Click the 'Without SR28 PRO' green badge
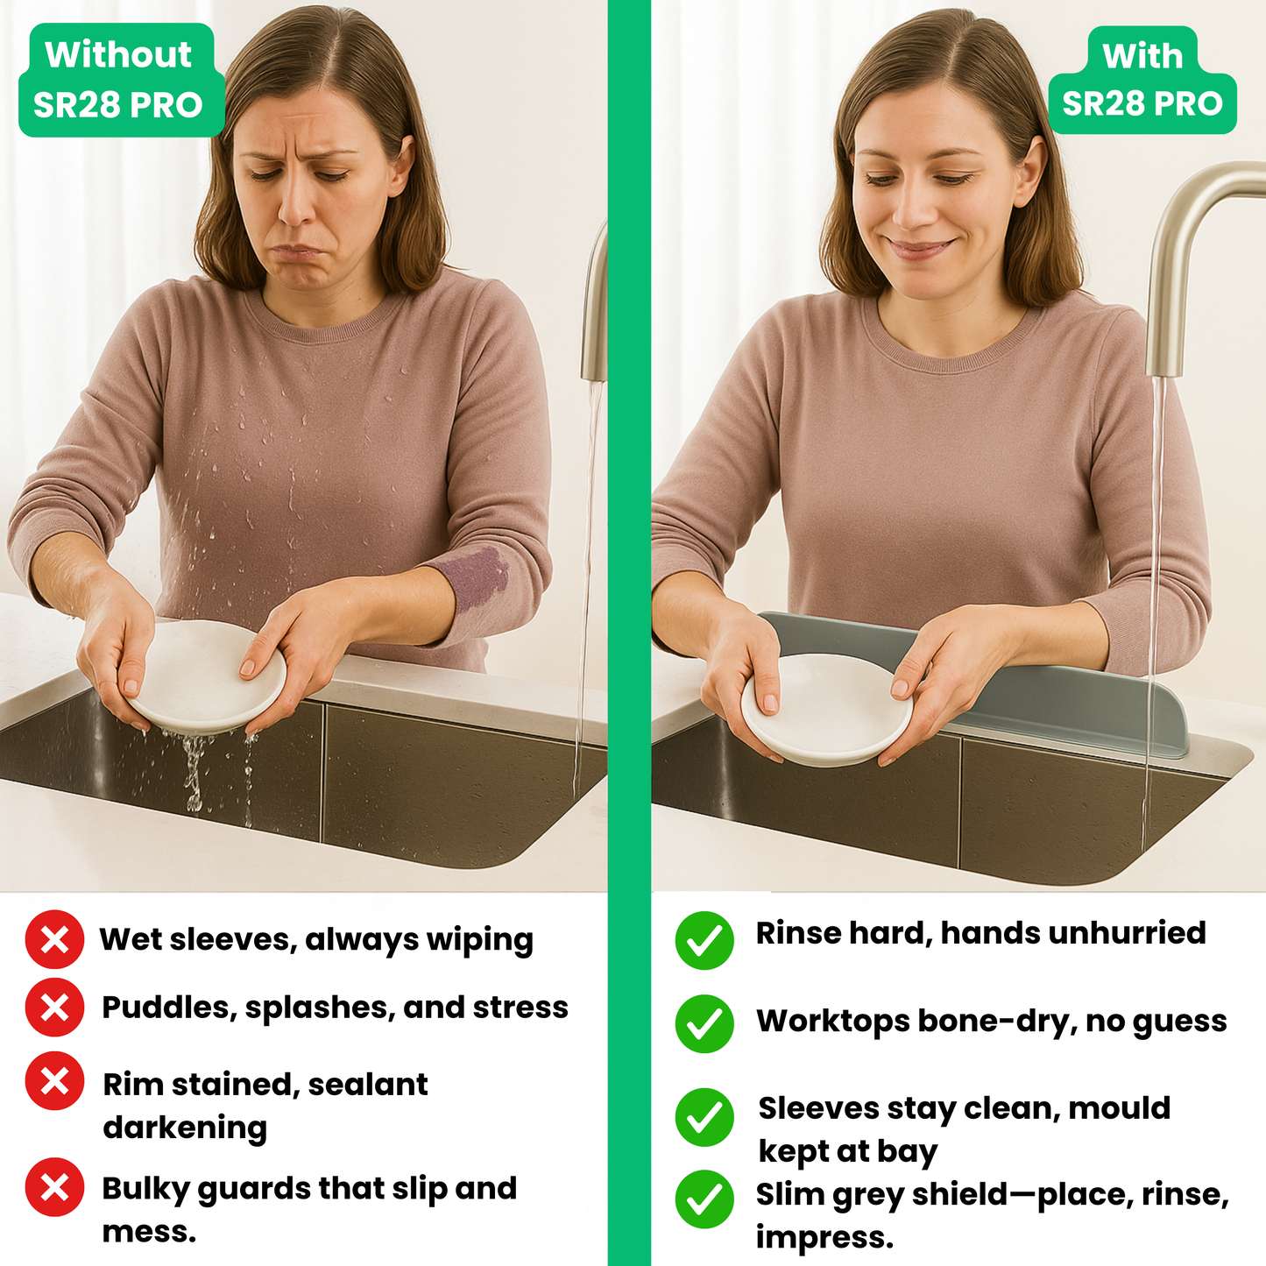[x=120, y=81]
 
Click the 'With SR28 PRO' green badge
[x=1142, y=81]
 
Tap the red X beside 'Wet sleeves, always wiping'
[x=54, y=939]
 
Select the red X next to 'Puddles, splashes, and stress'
[x=54, y=1008]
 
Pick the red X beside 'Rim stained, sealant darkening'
[x=54, y=1081]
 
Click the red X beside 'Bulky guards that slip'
[x=54, y=1187]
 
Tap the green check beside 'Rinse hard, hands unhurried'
[x=704, y=940]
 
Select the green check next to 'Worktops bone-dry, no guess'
[x=704, y=1023]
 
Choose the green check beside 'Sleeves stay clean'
[x=704, y=1117]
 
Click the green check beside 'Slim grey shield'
[x=704, y=1199]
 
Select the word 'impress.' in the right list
[x=824, y=1237]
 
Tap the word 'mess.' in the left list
[x=149, y=1232]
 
